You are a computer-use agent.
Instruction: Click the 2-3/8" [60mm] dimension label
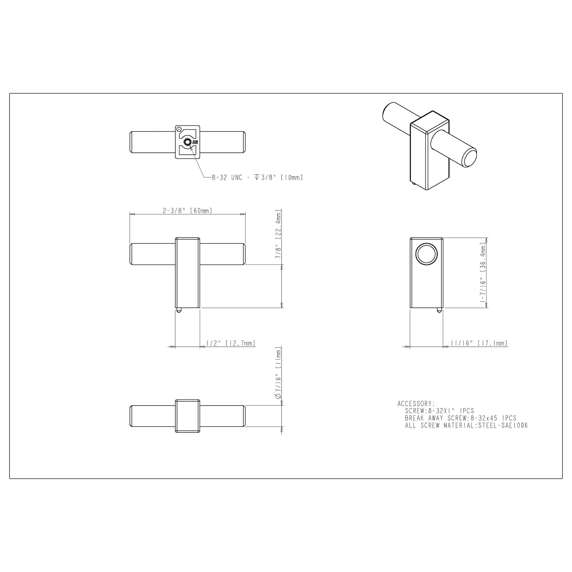[x=188, y=211]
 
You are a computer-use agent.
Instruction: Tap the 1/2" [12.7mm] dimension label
[x=231, y=343]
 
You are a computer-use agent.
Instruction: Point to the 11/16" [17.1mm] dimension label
[x=479, y=343]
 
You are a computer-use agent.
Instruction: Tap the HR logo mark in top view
[x=195, y=142]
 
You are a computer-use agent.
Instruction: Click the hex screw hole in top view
[x=187, y=142]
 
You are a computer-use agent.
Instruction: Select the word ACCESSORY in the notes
[x=416, y=404]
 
